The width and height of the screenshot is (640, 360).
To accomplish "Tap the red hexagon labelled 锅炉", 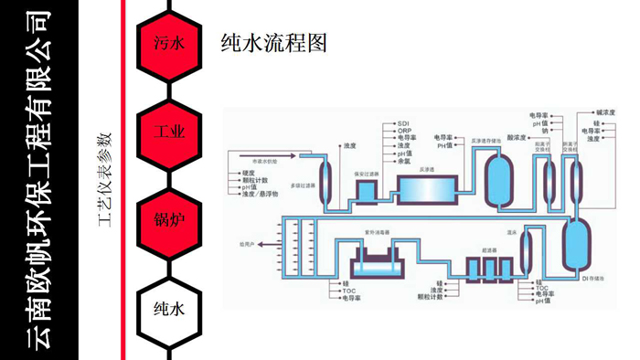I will click(169, 220).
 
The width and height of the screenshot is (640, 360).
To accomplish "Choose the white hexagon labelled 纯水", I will click(169, 308).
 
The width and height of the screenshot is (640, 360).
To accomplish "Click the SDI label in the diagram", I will click(403, 122).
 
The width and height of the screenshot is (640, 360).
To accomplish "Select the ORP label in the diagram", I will click(404, 130).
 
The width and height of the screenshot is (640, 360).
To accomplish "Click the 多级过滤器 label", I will click(303, 185).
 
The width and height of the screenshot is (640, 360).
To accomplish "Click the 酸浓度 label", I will click(517, 137).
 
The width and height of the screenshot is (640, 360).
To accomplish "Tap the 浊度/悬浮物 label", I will click(260, 195).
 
